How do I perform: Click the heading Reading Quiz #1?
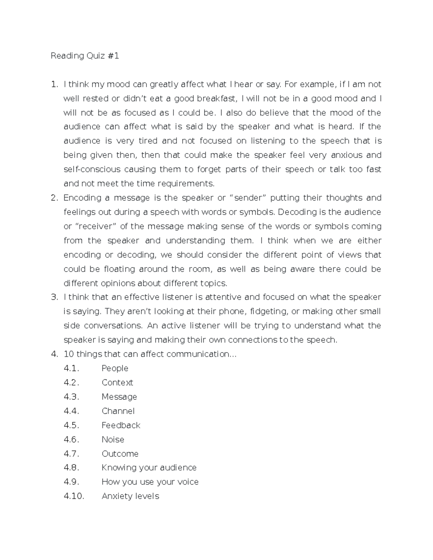85,56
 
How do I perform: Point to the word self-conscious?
92,169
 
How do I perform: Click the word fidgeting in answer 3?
270,312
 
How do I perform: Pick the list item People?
115,369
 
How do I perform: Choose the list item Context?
117,383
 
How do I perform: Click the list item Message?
119,397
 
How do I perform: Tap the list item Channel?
118,411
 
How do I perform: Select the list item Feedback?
121,425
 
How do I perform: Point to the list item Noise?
113,440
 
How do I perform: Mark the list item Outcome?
120,454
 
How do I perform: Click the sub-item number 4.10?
74,496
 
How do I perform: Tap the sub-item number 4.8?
71,468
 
